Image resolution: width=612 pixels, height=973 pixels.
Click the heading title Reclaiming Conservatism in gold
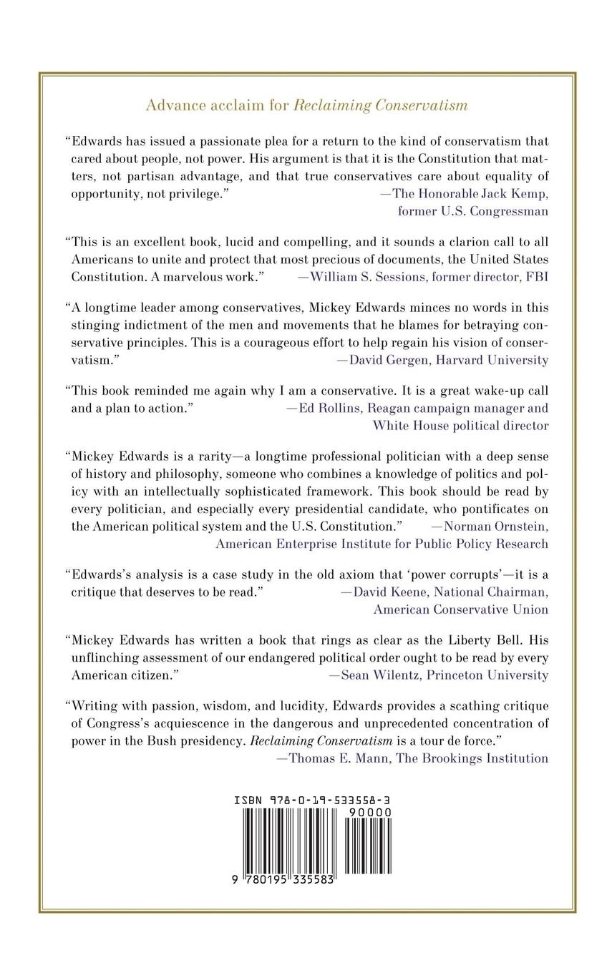coord(381,106)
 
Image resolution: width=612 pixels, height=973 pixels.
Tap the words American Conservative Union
coord(461,610)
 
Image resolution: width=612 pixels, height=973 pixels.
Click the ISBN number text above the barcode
coord(311,800)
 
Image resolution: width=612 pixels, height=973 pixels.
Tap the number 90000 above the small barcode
coord(368,812)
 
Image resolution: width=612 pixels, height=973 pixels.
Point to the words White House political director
coord(460,426)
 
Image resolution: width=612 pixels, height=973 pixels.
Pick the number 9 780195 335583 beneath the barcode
coord(285,881)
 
